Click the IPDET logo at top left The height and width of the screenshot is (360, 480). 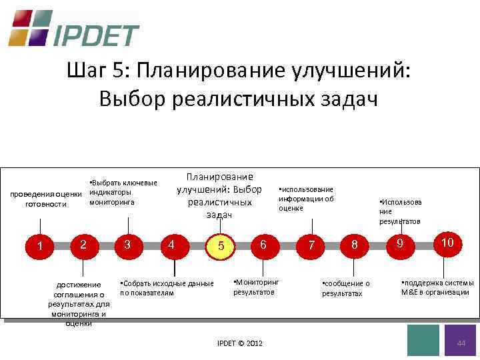73,29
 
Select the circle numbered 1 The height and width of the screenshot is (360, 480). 41,247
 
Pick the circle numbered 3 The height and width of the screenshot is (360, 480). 127,245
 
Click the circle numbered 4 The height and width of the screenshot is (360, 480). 172,245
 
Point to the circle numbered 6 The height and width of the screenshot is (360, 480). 263,245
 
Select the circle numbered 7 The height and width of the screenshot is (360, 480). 311,246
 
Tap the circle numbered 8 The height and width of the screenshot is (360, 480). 355,245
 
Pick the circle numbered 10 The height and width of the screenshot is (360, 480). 447,243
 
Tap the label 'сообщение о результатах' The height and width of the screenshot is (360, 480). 345,289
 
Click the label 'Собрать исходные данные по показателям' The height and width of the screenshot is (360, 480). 167,288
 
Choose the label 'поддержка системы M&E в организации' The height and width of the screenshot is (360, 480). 437,287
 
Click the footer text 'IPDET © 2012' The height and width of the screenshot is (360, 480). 240,343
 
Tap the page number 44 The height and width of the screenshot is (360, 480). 460,343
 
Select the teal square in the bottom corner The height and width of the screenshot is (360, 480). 423,340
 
